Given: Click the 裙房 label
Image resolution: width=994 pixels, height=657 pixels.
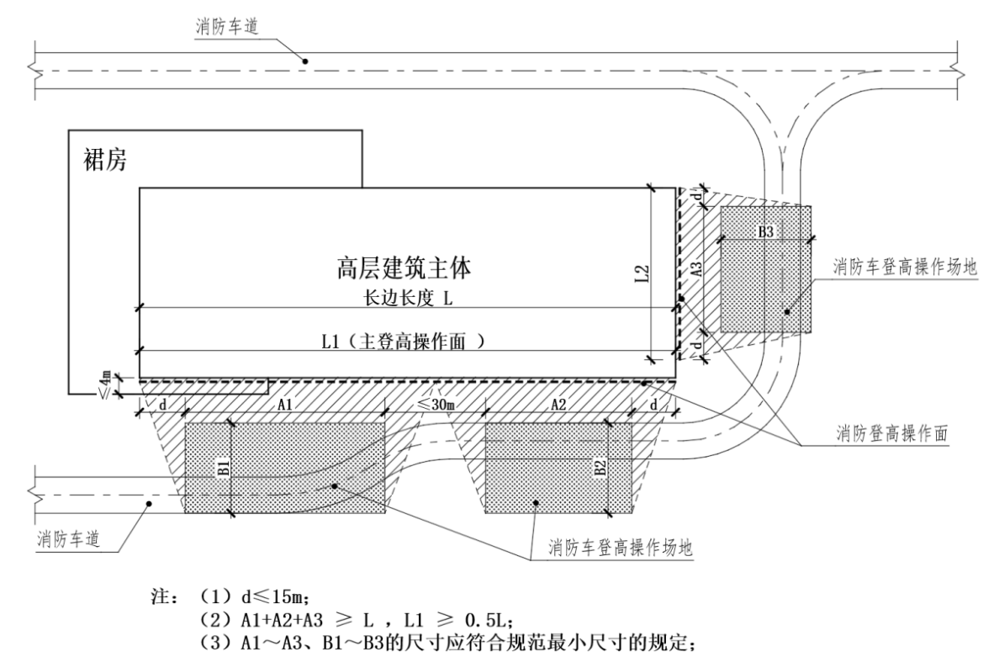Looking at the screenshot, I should click(x=104, y=162).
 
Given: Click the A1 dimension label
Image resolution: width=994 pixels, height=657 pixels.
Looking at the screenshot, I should click(x=285, y=404).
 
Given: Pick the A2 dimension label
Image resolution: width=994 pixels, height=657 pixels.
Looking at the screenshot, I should click(x=558, y=404).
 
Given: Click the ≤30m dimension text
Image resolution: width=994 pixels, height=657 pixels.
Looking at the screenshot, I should click(x=437, y=404).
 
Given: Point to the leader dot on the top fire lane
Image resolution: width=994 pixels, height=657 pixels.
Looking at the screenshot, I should click(x=305, y=61).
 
